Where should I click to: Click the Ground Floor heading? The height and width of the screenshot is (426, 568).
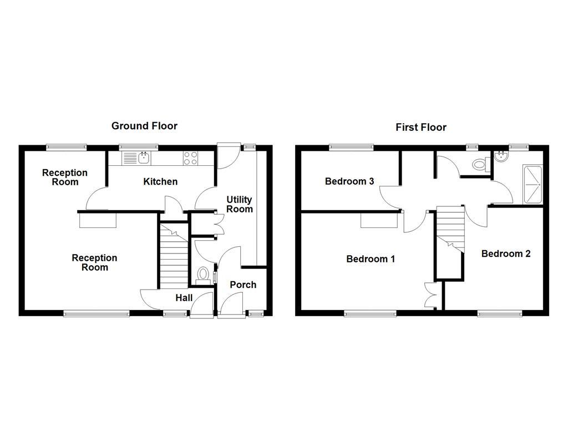coord(144,126)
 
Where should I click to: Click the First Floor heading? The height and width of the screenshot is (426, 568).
coord(420,128)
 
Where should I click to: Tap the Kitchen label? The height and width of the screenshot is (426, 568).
coord(160,181)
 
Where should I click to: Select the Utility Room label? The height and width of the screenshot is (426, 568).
coord(239,204)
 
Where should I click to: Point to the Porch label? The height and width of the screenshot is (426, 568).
coord(243,285)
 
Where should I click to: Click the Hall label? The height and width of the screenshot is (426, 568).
coord(184,298)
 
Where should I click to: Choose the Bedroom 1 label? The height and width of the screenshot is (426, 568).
coord(370,259)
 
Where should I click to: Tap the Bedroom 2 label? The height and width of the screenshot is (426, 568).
coord(505,253)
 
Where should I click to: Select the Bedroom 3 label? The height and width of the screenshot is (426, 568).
coord(349,181)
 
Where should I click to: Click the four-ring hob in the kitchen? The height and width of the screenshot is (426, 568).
coord(191,158)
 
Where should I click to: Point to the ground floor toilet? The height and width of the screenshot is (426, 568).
coord(204,275)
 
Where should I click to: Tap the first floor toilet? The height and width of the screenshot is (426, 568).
coord(479,164)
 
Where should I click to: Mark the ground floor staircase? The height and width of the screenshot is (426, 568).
coord(173,255)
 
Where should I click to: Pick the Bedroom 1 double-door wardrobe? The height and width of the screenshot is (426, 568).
coord(432,294)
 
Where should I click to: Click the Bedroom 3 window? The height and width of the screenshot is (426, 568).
coord(351,147)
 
